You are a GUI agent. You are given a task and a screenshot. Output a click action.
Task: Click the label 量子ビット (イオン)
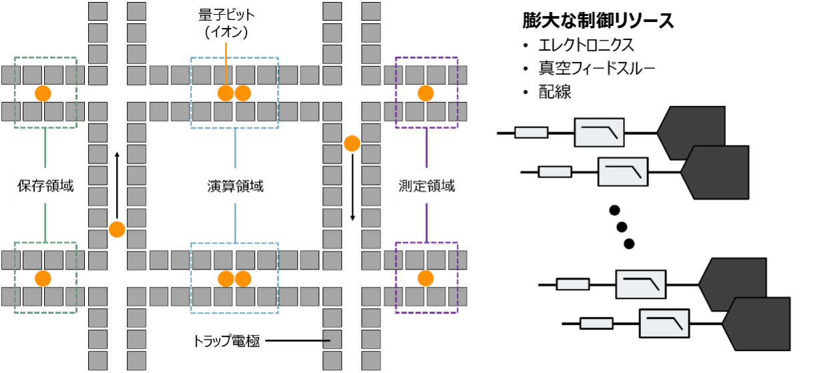[x=226, y=23]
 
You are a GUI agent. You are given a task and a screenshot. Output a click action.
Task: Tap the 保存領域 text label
[x=45, y=185]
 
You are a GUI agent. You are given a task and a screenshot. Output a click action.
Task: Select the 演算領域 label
[x=235, y=186]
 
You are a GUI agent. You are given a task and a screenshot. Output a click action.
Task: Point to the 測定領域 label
[x=427, y=185]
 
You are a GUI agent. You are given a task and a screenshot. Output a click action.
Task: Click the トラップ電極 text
[x=226, y=341]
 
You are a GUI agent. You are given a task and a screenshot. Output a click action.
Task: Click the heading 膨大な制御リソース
[x=598, y=21]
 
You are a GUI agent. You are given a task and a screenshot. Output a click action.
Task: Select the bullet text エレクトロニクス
[x=586, y=45]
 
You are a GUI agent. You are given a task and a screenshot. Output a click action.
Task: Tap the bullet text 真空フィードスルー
[x=596, y=68]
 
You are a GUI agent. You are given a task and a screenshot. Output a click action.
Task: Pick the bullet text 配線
[x=555, y=91]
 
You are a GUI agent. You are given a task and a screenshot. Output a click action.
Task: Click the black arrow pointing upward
[x=117, y=185]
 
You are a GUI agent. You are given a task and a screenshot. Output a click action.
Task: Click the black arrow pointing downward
[x=352, y=188]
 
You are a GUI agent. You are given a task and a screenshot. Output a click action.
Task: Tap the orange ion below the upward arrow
[x=117, y=229]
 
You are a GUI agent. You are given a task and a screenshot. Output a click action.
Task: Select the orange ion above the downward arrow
[x=352, y=143]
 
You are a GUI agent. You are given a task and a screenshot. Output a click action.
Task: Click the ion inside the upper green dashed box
[x=43, y=93]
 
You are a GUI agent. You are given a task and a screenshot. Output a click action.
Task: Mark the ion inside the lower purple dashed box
[x=425, y=278]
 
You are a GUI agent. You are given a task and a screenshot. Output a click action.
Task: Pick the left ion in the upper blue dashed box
[x=226, y=93]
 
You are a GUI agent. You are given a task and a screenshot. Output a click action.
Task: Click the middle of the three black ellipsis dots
[x=622, y=227]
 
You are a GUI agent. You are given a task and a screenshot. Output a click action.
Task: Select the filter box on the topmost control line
[x=599, y=132]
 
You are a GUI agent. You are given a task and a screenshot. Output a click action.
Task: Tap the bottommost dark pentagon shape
[x=756, y=324]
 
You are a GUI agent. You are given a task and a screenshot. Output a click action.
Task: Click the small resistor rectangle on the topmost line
[x=532, y=132]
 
